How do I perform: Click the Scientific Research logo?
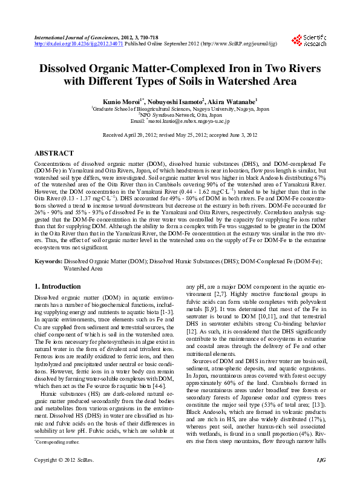point(309,40)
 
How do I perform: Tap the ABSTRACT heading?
point(54,154)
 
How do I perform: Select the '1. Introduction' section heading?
point(57,286)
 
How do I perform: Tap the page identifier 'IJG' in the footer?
point(320,478)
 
